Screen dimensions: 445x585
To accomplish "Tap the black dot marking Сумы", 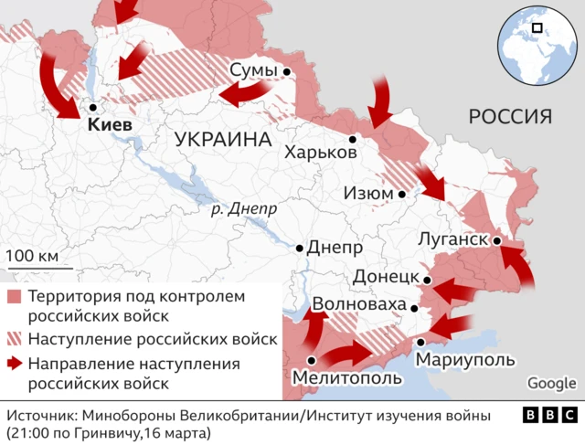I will coord(287,71).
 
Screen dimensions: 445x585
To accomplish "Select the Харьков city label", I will coord(320,153).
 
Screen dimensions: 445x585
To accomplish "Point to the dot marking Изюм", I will coord(402,195).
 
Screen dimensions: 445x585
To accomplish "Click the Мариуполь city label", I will coord(465,360).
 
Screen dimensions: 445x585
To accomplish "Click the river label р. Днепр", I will coord(242,209).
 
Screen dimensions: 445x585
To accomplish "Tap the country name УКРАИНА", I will coord(223,140).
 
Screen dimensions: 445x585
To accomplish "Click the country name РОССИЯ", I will coord(510,116).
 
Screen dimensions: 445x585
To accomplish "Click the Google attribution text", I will coord(551,383).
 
